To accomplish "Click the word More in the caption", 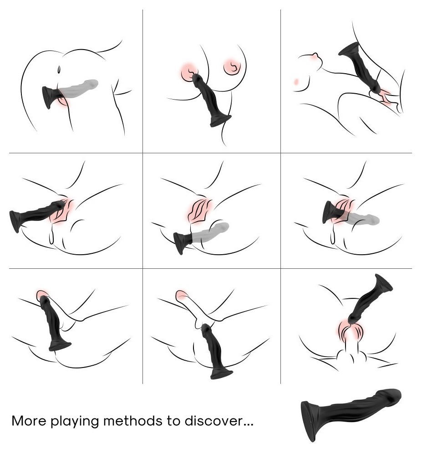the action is (x=29, y=421).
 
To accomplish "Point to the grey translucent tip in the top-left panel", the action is (x=90, y=84).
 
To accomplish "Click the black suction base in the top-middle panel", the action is (x=221, y=121).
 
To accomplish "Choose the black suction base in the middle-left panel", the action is (x=16, y=221).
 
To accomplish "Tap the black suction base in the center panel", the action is (x=180, y=243).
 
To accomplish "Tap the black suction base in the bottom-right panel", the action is (x=384, y=282).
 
